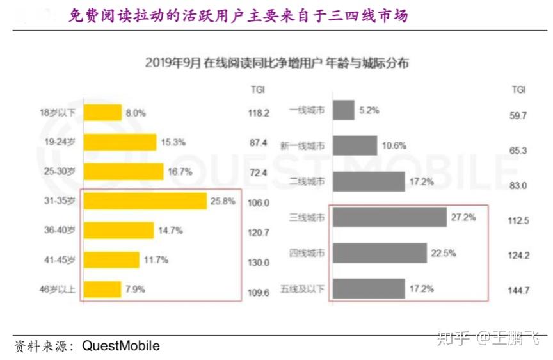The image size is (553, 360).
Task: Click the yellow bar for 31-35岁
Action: click(x=145, y=201)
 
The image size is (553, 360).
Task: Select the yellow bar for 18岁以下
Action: click(x=102, y=113)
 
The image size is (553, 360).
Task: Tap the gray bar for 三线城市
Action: click(x=390, y=217)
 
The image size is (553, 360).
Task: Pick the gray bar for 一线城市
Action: click(x=344, y=110)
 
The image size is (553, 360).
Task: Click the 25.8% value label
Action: click(x=223, y=201)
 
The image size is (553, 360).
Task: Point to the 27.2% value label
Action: click(x=463, y=217)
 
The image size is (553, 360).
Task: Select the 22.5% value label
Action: click(x=444, y=253)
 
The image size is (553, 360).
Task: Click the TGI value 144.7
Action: click(x=518, y=290)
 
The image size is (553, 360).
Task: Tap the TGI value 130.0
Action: click(x=259, y=263)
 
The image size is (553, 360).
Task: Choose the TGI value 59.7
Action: click(x=518, y=116)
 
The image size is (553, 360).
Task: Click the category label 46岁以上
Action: click(x=58, y=290)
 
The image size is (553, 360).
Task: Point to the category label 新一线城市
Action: click(x=302, y=146)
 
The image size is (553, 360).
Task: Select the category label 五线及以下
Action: click(x=302, y=289)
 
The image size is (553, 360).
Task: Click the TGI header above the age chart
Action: click(x=258, y=90)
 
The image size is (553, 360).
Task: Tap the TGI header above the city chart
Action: click(x=519, y=90)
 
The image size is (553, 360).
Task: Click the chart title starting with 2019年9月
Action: click(x=277, y=63)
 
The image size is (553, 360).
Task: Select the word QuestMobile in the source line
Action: click(x=120, y=345)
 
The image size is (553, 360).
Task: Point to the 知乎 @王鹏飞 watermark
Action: click(x=488, y=338)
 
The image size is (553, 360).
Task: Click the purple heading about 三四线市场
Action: click(x=238, y=16)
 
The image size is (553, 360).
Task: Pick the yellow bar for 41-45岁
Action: click(x=111, y=260)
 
